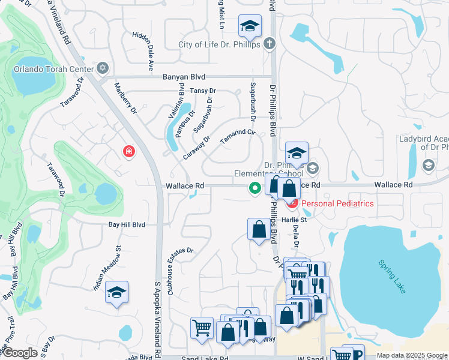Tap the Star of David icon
(x=103, y=68)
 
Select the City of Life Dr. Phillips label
(x=219, y=44)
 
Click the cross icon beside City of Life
(x=270, y=44)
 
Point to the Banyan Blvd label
(x=184, y=77)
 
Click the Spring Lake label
(x=392, y=276)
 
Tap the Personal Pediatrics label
(x=337, y=203)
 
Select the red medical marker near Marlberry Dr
(x=128, y=151)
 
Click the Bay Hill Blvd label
(x=127, y=224)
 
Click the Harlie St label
(x=294, y=220)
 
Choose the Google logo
(x=20, y=353)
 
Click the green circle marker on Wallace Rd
(x=255, y=188)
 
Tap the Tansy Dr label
(x=202, y=91)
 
